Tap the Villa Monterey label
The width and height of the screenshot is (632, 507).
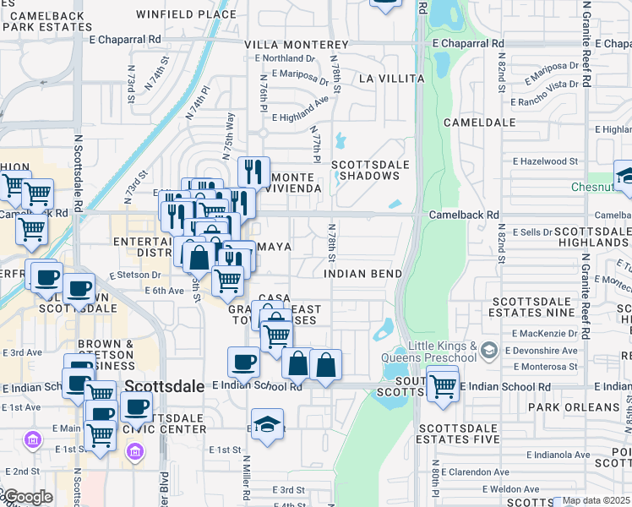296,44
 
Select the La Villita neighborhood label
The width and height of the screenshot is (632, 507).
390,79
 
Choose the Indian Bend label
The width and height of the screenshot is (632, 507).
363,275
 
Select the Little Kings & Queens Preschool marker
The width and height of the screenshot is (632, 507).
488,349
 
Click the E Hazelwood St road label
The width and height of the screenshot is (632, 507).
545,161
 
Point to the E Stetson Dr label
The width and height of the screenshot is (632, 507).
134,275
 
